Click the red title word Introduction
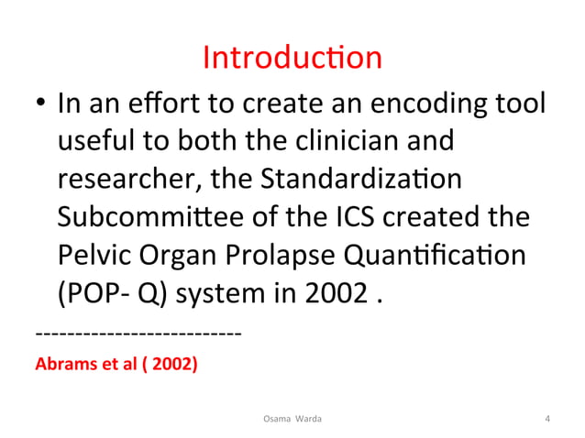(292, 59)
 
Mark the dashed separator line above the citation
(138, 332)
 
